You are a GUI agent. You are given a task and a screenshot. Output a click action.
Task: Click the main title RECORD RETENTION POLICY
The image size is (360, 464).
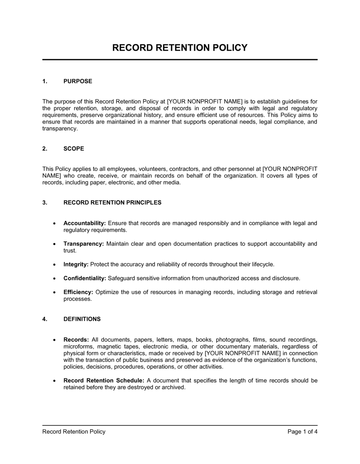point(180,48)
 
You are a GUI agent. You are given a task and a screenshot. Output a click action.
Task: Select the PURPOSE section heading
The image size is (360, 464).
point(78,81)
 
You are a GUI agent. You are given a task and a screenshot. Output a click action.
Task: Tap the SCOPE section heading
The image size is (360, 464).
point(73,149)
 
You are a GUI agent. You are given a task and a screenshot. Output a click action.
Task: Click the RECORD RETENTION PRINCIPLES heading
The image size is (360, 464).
point(112,203)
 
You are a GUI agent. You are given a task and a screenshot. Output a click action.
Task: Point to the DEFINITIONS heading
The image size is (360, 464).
point(82,319)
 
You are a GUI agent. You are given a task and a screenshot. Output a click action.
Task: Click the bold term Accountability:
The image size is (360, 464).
point(85,223)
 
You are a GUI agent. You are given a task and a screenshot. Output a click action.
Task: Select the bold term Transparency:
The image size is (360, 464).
point(84,244)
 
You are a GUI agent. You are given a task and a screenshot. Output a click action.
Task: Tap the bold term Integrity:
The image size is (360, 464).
point(76,264)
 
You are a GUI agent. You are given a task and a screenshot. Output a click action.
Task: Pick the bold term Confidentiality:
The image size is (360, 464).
point(85,278)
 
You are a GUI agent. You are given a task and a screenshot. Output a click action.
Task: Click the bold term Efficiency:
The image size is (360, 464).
point(78,292)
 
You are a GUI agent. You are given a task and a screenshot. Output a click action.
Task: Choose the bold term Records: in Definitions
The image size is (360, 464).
point(76,340)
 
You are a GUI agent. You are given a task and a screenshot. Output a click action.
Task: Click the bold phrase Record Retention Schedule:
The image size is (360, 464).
point(104,381)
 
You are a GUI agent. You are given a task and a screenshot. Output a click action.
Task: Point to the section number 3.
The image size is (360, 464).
point(45,203)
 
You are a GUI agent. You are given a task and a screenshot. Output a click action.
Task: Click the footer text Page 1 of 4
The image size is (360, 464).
point(302,432)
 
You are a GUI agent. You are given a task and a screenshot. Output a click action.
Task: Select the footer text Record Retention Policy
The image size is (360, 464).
point(74,432)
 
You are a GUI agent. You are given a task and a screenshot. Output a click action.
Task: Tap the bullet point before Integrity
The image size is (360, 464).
point(54,265)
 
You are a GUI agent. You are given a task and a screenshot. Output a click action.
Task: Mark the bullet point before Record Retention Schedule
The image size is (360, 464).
point(54,381)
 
